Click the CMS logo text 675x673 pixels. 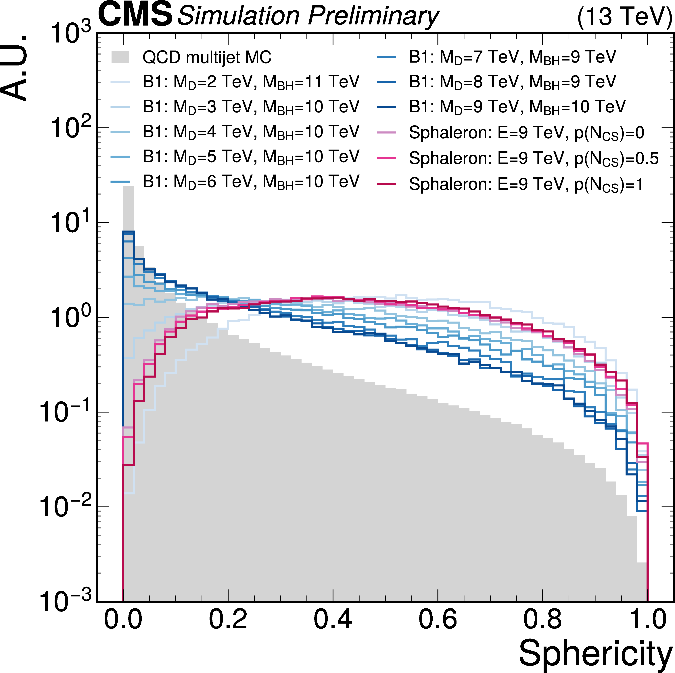(x=136, y=15)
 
